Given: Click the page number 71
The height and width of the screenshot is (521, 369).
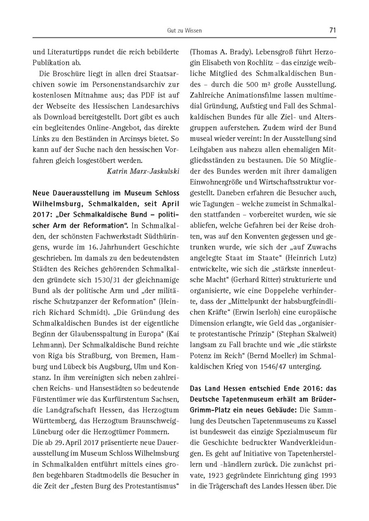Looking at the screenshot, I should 332,31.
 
